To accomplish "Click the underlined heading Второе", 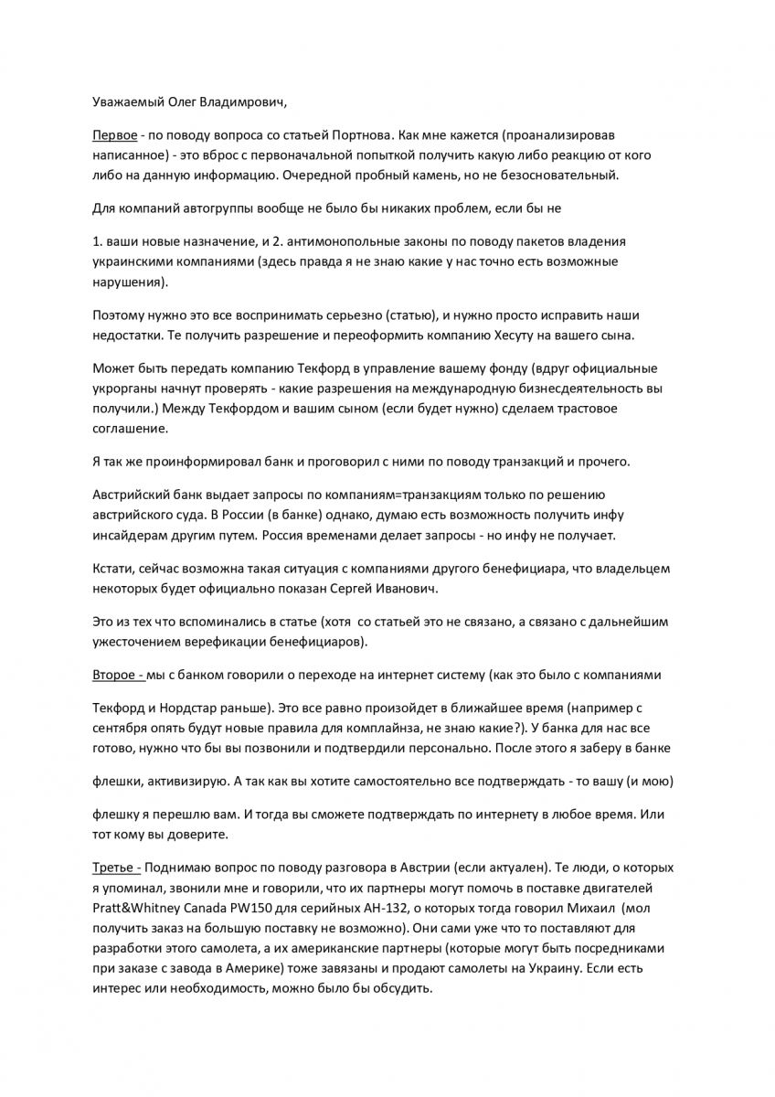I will point(117,675).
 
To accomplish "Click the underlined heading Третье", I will point(115,868).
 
